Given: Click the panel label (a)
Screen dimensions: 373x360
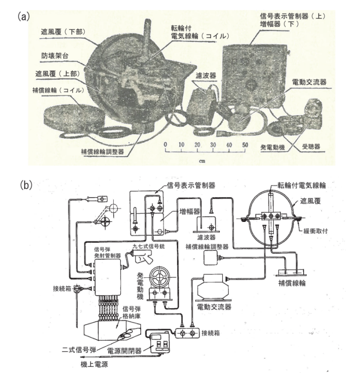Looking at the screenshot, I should pyautogui.click(x=23, y=17).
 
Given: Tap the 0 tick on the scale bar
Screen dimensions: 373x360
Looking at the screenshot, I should pyautogui.click(x=165, y=145).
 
